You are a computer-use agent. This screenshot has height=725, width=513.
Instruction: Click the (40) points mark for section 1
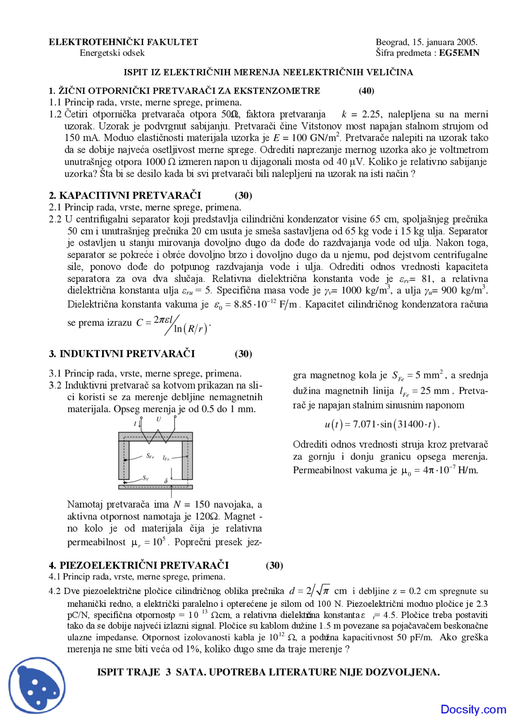(366, 91)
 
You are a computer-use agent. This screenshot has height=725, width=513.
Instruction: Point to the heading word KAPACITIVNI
(94, 196)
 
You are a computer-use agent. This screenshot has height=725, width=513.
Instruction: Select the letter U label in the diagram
(159, 419)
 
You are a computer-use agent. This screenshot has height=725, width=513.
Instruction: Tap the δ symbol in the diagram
(166, 481)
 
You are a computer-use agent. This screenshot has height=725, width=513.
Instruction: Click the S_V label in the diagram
(145, 478)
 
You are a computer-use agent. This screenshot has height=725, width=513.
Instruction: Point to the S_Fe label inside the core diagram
(150, 456)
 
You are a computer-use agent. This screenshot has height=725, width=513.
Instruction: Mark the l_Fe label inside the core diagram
(166, 458)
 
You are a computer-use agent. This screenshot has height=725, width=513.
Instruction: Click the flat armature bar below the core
(156, 487)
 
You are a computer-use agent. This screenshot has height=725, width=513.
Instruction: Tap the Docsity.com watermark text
(473, 709)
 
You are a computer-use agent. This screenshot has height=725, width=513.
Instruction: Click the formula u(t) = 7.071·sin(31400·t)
(382, 424)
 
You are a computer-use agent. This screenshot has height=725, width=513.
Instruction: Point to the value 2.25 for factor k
(371, 115)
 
